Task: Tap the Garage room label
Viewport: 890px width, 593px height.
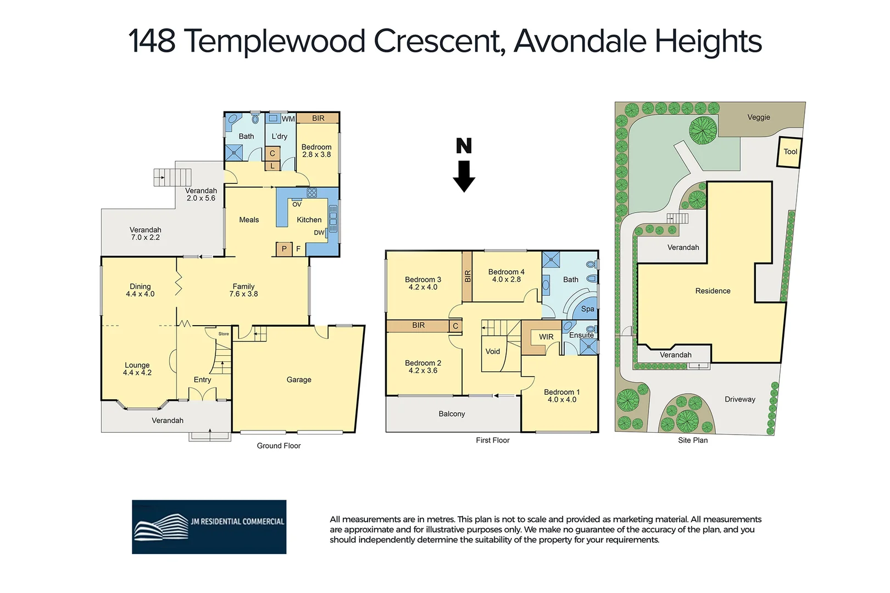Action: pos(299,379)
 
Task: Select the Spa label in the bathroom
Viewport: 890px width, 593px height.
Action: pos(587,309)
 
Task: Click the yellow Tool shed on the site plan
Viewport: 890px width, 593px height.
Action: pos(789,152)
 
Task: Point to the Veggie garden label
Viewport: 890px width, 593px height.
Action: pos(758,117)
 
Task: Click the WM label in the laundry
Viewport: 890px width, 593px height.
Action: pos(288,119)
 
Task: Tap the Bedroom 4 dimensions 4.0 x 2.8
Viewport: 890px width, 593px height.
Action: pos(506,279)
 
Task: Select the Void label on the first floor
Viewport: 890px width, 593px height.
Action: pos(492,351)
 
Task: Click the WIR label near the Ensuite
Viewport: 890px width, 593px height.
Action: pos(546,337)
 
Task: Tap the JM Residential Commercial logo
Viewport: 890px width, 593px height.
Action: pos(209,527)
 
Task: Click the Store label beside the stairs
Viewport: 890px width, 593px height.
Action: pos(223,334)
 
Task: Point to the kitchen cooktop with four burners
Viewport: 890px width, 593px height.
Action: pos(311,193)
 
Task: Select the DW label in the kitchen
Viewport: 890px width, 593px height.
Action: pos(319,233)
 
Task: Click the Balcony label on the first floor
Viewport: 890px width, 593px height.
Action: pos(452,414)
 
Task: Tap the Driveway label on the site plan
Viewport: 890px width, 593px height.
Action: pos(739,399)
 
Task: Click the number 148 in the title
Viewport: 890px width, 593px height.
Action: pos(152,41)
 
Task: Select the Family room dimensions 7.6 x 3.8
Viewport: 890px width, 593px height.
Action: pos(243,294)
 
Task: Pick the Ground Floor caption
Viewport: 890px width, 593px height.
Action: pos(279,446)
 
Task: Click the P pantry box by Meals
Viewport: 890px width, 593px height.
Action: pos(284,249)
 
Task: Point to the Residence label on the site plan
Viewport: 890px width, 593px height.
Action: pos(713,291)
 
